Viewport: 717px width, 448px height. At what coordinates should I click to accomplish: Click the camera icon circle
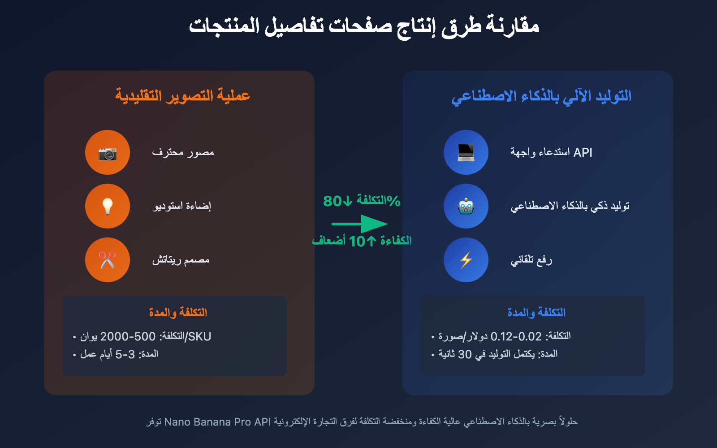pos(108,152)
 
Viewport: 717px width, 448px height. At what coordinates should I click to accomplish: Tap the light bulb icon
pos(108,206)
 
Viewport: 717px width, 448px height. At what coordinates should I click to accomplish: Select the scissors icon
pos(108,260)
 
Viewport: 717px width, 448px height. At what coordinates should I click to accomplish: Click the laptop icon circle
pos(466,152)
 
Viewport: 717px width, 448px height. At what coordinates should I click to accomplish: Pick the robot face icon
pos(466,206)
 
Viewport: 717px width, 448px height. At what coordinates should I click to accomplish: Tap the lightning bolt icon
pos(466,260)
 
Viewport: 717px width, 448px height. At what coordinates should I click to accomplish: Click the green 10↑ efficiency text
pos(362,241)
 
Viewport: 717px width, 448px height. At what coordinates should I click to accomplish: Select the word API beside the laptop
pos(583,152)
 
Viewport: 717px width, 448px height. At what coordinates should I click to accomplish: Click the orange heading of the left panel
pos(182,95)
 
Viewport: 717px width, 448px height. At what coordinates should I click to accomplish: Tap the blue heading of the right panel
pos(541,96)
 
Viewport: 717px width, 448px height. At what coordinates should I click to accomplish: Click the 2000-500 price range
pos(128,336)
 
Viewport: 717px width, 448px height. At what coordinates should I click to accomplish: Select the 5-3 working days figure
pos(125,354)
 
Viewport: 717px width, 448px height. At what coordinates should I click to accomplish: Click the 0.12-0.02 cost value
pos(516,336)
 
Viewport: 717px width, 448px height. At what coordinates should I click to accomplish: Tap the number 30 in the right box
pos(465,354)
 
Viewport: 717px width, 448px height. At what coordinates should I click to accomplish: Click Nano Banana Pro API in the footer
pos(217,422)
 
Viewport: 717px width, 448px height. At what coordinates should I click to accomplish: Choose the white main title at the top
pos(363,26)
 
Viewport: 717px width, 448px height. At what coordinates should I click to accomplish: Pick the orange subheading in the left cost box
pos(178,312)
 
